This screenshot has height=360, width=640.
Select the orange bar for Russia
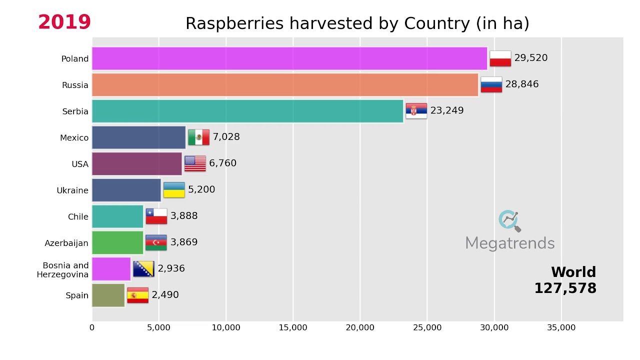click(284, 85)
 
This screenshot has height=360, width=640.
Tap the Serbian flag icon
click(416, 111)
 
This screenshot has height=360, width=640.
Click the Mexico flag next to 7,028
click(198, 137)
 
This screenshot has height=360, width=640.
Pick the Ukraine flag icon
click(174, 190)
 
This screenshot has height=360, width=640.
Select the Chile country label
click(78, 217)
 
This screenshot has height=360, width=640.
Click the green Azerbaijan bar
click(117, 242)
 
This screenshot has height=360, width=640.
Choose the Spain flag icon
click(137, 295)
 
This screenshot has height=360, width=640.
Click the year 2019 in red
click(64, 22)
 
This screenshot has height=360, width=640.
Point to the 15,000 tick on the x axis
click(293, 328)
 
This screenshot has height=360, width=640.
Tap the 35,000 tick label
click(561, 328)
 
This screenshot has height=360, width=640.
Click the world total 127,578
click(565, 288)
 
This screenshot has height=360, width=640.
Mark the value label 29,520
click(530, 58)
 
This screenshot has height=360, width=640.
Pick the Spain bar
click(108, 295)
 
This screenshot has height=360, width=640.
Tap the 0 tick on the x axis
click(92, 328)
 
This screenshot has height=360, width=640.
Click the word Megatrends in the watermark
click(509, 243)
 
